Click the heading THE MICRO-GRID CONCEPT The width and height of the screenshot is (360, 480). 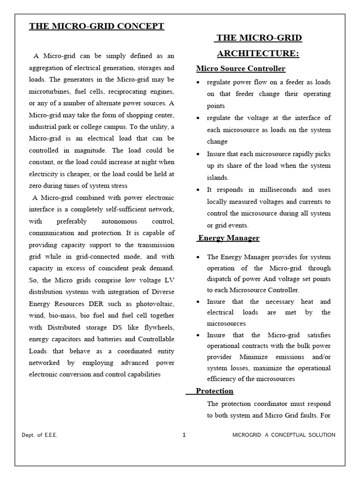[x=97, y=26]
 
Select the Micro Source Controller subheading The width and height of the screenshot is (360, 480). [x=240, y=69]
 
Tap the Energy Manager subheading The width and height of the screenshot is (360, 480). [x=228, y=238]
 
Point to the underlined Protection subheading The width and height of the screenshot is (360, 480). [x=214, y=391]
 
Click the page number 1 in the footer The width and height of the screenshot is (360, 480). [x=184, y=435]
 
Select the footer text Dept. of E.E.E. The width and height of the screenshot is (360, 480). [x=40, y=435]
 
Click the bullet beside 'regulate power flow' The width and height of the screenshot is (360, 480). [x=199, y=82]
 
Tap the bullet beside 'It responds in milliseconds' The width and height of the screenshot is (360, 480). [x=199, y=190]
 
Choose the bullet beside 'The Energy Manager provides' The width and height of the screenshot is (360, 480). [x=199, y=257]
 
